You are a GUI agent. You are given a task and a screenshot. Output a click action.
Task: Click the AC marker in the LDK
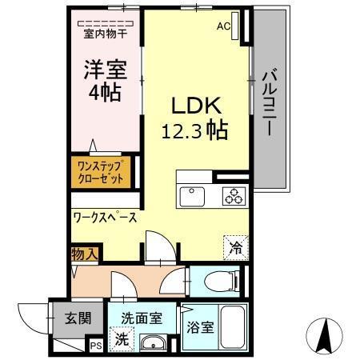[226, 26]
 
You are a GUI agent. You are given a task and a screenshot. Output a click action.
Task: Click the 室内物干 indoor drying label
[105, 34]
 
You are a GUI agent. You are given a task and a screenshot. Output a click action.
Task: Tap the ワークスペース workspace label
[104, 217]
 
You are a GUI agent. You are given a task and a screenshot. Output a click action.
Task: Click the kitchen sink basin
[194, 196]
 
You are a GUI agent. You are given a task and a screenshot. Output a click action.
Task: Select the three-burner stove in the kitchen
[235, 196]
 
